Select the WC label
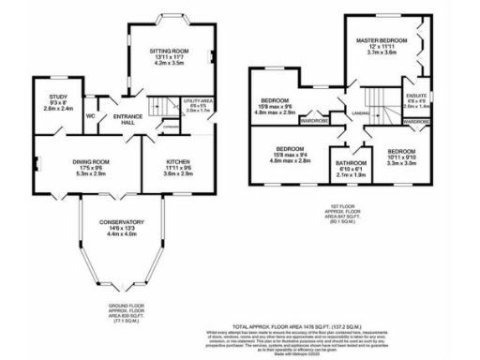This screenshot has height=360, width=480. (91, 116)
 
